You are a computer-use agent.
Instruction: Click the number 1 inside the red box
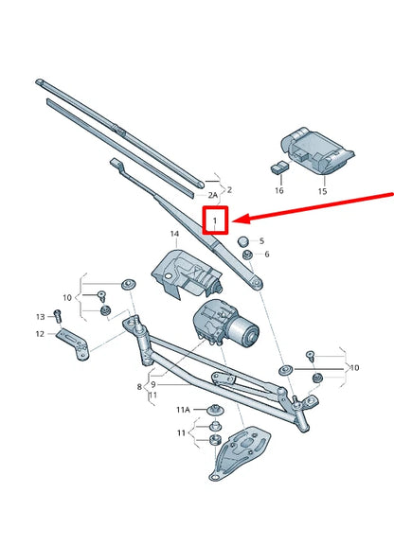click(x=217, y=222)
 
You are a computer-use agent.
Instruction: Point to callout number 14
click(x=174, y=233)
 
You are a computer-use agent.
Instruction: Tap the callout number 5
click(x=262, y=241)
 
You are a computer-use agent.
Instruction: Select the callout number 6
click(x=265, y=255)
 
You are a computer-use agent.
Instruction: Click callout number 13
click(x=41, y=315)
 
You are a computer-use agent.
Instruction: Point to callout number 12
click(x=40, y=334)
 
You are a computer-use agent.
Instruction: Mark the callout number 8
click(x=139, y=386)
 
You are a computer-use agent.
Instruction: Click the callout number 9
click(x=152, y=386)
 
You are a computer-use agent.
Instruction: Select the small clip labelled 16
click(x=277, y=167)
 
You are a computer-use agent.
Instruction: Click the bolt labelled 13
click(x=58, y=314)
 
